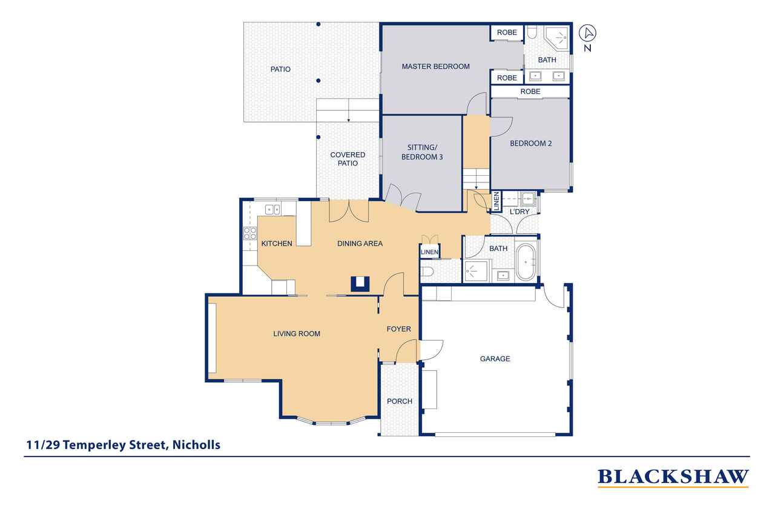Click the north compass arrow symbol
click(587, 33)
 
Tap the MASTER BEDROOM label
click(435, 66)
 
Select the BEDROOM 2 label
click(531, 144)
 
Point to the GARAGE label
click(495, 359)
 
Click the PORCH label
click(399, 401)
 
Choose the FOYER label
click(398, 329)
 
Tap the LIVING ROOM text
click(297, 333)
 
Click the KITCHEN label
click(277, 244)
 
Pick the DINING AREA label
click(360, 244)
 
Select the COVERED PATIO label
click(348, 159)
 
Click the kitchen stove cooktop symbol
click(250, 233)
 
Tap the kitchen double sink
click(272, 210)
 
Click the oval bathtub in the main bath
click(526, 262)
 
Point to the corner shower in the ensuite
click(558, 38)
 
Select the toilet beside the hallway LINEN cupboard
click(426, 271)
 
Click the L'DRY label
click(519, 212)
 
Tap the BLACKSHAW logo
click(673, 478)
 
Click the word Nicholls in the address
click(196, 445)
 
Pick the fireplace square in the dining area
click(360, 284)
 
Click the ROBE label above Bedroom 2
click(530, 92)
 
